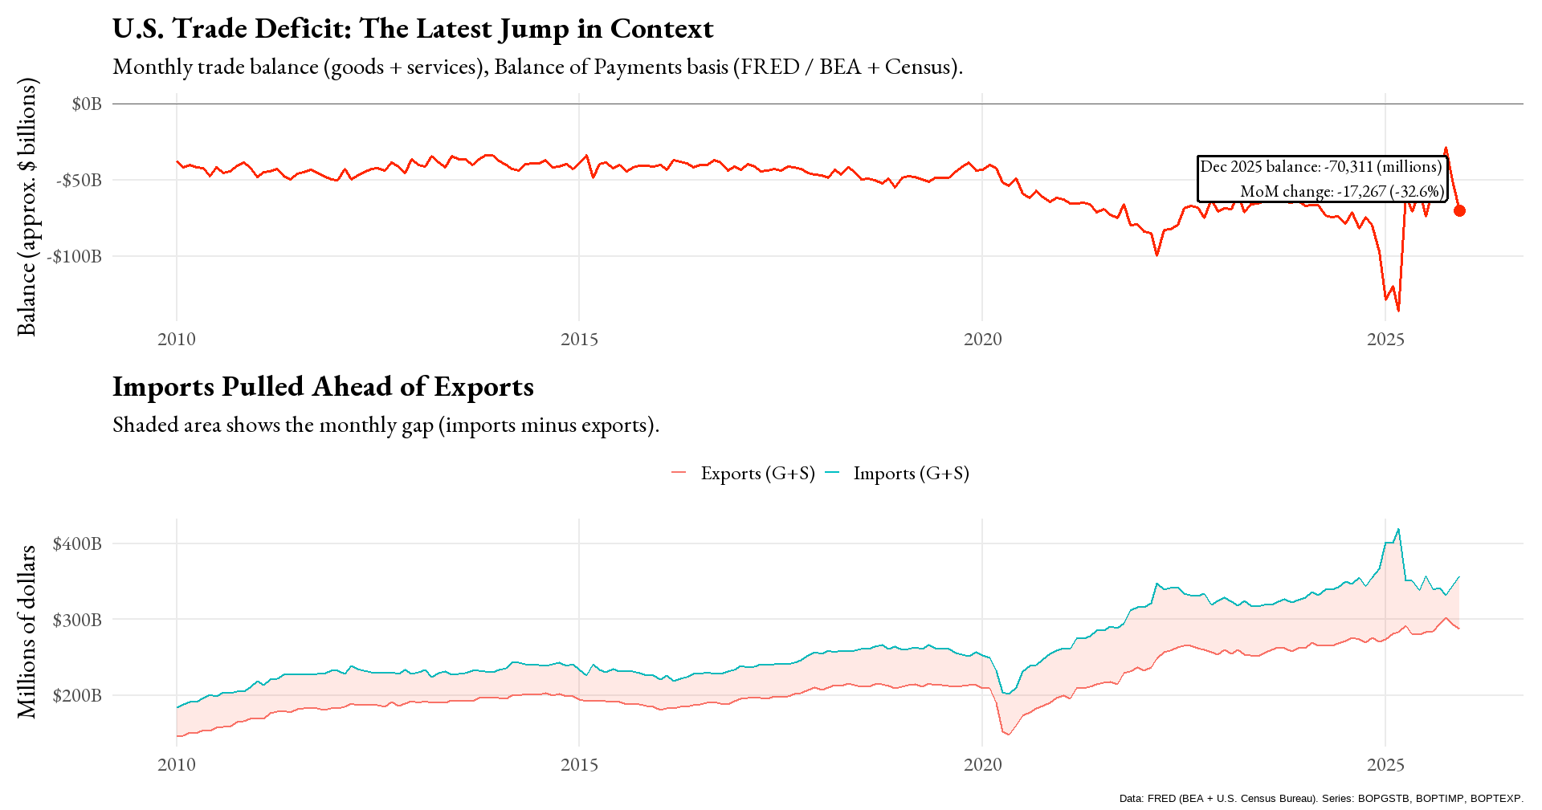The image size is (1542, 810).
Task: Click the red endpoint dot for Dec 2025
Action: tap(1459, 210)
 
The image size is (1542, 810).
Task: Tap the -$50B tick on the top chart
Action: tap(78, 180)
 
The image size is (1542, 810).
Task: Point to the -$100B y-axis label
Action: tap(74, 256)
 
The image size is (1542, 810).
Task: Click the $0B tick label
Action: tap(86, 104)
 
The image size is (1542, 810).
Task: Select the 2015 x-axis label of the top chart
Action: tap(579, 339)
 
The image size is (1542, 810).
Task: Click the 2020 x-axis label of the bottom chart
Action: tap(982, 764)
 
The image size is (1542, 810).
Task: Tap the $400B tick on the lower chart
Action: tap(77, 543)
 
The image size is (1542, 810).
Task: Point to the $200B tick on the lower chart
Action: tap(77, 695)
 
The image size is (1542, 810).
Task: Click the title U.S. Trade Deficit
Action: tap(412, 29)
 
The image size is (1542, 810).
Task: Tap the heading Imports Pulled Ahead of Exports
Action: tap(323, 387)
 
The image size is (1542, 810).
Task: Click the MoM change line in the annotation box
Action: tap(1340, 191)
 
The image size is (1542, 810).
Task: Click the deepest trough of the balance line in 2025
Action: tap(1398, 311)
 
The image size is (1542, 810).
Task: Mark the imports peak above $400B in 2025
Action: tap(1398, 529)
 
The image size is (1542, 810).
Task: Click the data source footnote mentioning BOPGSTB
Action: tap(1320, 799)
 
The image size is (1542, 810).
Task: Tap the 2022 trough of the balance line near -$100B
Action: tap(1156, 255)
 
